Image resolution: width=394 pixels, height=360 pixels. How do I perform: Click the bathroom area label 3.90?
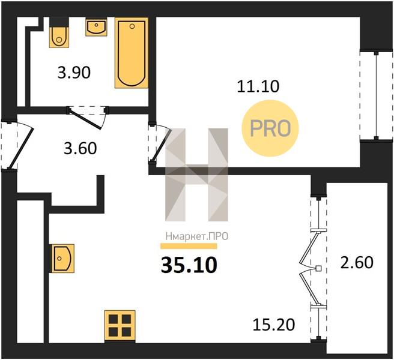(74, 73)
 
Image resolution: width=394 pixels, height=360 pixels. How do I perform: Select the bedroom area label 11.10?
(258, 86)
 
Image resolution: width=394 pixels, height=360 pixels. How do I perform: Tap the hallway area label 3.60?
(80, 148)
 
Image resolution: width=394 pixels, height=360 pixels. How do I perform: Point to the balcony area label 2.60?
(357, 263)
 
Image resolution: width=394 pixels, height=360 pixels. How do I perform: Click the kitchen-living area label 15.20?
(274, 325)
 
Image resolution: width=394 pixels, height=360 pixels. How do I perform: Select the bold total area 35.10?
(189, 265)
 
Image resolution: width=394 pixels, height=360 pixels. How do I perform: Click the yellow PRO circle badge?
(270, 128)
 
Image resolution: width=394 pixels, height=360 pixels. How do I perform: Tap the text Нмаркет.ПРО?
(197, 236)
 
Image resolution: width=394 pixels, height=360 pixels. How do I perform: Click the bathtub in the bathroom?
(132, 53)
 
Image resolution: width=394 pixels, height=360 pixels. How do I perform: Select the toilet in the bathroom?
(59, 33)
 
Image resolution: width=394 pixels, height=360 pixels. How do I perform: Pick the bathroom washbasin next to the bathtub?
(96, 27)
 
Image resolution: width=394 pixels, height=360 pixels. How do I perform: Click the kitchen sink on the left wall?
(63, 259)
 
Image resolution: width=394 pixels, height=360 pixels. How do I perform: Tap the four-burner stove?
(120, 326)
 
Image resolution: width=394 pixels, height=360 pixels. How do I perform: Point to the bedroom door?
(160, 144)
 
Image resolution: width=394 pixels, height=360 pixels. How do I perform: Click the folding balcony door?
(312, 268)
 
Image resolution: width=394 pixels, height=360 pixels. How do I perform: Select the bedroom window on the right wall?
(376, 95)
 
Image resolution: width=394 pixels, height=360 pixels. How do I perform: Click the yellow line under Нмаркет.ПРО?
(189, 246)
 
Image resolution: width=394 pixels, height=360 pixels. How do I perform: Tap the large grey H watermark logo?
(197, 175)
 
